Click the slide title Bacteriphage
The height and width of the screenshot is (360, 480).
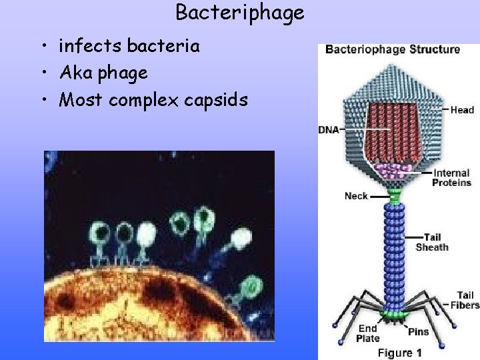(239, 12)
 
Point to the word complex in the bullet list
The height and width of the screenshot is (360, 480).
(143, 100)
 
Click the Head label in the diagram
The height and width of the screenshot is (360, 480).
(462, 110)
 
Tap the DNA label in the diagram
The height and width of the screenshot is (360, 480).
(329, 129)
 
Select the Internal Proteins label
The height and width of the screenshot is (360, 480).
(451, 178)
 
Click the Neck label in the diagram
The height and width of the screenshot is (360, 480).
(356, 196)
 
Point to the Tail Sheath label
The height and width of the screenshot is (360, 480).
(432, 242)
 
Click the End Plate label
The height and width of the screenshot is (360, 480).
(367, 333)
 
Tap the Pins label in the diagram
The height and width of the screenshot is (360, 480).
(418, 331)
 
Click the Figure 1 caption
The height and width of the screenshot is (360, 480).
(399, 352)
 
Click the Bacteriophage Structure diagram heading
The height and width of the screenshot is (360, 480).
(392, 49)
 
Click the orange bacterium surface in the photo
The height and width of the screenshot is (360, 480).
(133, 307)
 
